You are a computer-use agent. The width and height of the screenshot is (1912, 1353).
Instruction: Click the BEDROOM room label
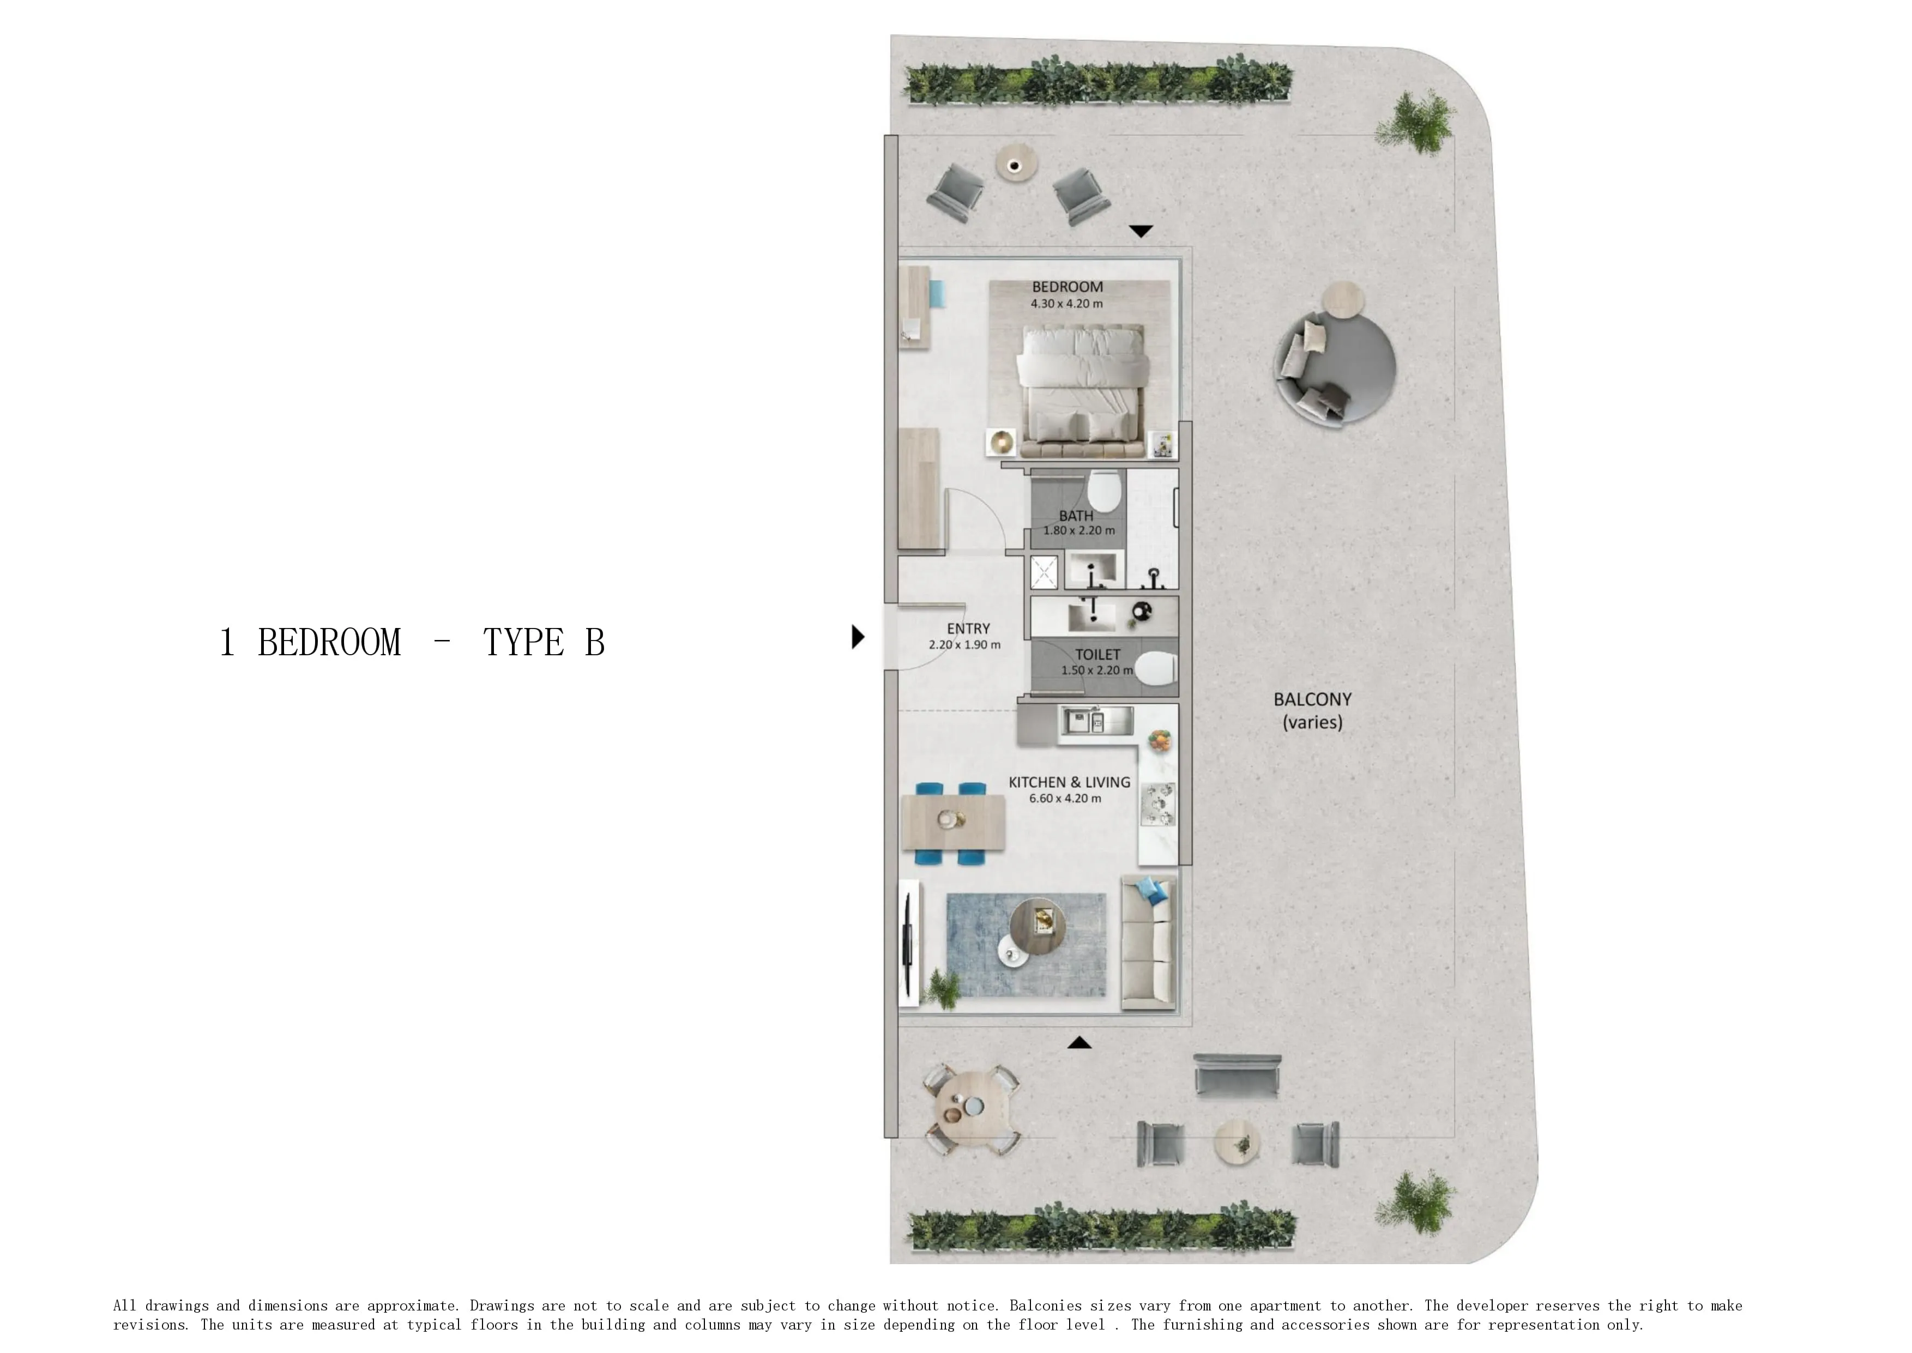coord(1067,287)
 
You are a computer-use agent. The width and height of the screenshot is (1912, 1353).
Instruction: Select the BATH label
coord(1076,516)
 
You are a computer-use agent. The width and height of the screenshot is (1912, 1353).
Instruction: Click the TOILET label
coord(1097,655)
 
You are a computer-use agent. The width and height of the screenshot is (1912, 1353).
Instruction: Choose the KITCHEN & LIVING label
coord(1069,782)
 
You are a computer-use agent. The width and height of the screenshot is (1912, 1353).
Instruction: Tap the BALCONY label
coord(1312,700)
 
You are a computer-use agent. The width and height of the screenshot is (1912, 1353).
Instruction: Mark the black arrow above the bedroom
coord(1141,231)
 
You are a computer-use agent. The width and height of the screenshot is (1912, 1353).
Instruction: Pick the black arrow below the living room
coord(1079,1042)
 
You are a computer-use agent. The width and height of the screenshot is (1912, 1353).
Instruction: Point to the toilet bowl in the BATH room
coord(1104,492)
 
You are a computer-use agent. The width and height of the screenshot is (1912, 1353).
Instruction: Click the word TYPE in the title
coord(523,642)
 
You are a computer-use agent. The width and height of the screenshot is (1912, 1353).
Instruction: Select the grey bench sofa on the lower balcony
coord(1237,1076)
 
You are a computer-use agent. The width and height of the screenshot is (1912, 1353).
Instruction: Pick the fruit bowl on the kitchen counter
coord(1159,740)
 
